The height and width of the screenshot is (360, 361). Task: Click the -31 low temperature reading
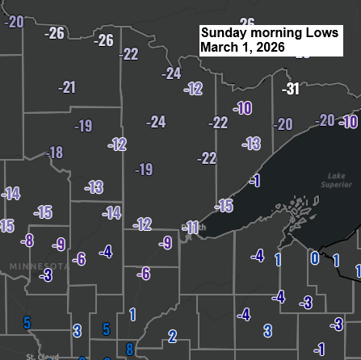tap(291, 89)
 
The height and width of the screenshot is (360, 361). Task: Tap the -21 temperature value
tap(67, 87)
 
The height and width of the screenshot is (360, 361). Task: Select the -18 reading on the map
tap(54, 153)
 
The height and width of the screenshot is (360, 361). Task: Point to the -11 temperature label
tap(191, 228)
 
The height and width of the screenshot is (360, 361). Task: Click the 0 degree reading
tap(314, 258)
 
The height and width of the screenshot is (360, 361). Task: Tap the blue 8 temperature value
tap(129, 350)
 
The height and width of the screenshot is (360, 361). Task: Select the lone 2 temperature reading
tap(172, 336)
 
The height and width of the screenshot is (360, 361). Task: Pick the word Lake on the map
tap(337, 175)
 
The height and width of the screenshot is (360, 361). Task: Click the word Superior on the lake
tap(337, 184)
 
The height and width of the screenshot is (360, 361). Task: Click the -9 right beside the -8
tap(58, 245)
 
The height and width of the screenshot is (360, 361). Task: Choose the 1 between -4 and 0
tap(278, 259)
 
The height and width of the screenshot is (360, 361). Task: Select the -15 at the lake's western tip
tap(224, 207)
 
